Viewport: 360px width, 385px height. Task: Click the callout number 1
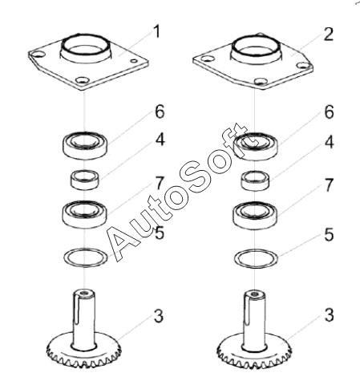point(157,31)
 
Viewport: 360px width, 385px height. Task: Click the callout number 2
point(329,34)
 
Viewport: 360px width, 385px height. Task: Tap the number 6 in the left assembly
point(160,111)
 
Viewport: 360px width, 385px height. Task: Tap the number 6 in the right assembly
point(329,112)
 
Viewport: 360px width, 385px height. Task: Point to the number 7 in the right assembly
point(329,184)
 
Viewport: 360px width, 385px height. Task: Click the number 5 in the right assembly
point(329,234)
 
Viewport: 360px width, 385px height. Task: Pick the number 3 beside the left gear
point(159,316)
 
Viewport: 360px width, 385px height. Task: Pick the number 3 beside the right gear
point(329,314)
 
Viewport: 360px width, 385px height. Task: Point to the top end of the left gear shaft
point(84,294)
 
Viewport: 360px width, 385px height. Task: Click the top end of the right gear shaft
point(255,294)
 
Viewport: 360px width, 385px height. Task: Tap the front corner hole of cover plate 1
point(83,80)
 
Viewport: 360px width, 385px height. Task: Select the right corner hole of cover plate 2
point(302,65)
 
